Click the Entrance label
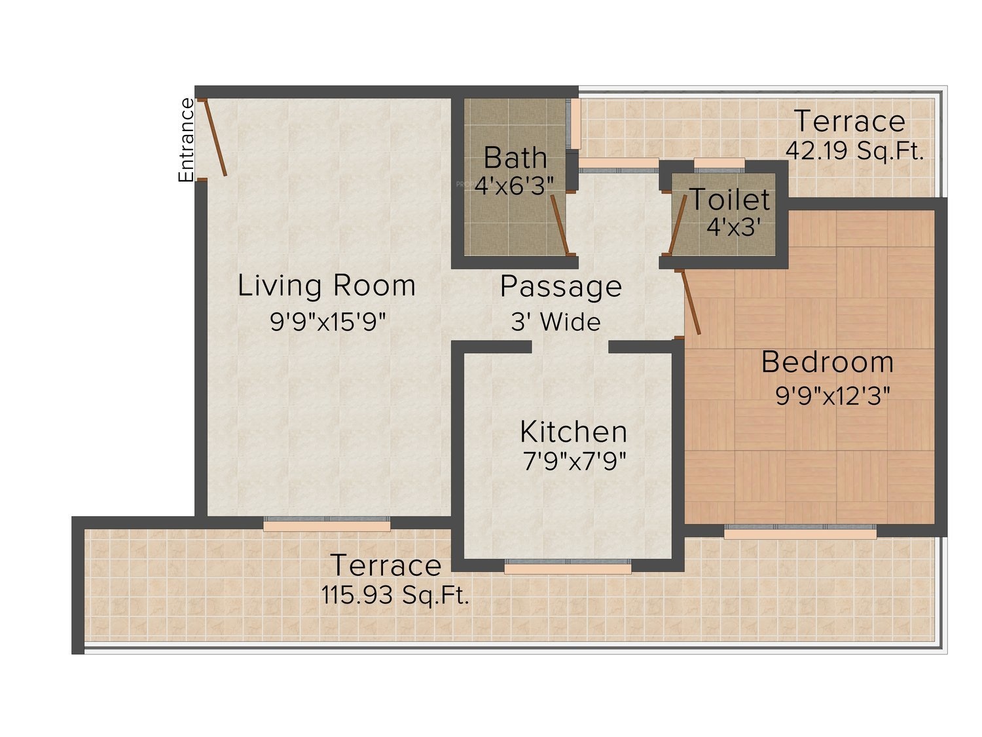click(186, 140)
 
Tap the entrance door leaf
click(215, 138)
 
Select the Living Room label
click(326, 286)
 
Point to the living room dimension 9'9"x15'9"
click(327, 321)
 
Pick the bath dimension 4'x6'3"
click(514, 185)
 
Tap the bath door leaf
click(560, 224)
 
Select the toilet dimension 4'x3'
click(734, 227)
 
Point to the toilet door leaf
click(678, 224)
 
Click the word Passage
click(561, 286)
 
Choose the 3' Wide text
click(556, 322)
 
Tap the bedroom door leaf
click(690, 303)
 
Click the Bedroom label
click(827, 362)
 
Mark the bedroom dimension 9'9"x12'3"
click(833, 396)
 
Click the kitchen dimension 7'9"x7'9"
click(574, 461)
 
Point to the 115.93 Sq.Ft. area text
click(395, 595)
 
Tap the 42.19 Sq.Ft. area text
click(854, 151)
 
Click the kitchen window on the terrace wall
click(568, 566)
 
